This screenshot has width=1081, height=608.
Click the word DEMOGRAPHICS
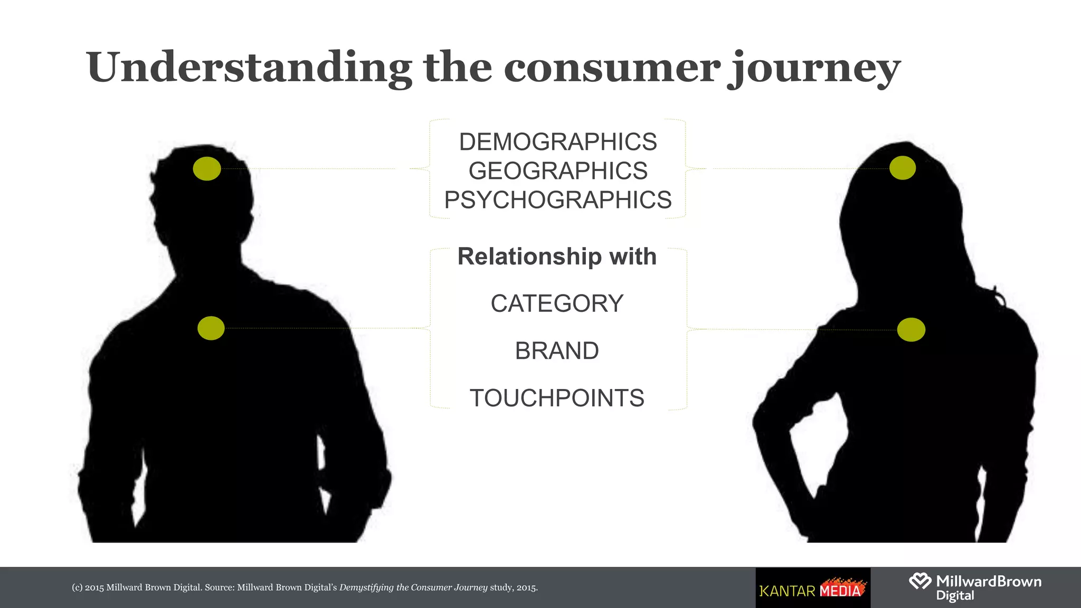coord(557,142)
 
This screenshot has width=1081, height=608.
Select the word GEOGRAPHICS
coord(557,171)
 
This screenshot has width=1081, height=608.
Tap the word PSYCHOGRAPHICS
coord(557,200)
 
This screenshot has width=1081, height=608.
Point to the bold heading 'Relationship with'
coord(557,256)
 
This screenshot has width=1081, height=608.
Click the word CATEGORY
coord(557,303)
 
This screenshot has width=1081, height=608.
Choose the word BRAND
coord(557,351)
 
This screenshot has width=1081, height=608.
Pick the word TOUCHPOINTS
coord(557,398)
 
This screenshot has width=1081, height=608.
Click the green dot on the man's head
coord(207,168)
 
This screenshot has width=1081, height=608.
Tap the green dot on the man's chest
coord(211,328)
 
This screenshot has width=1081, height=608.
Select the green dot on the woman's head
coord(903,168)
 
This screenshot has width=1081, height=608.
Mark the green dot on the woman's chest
coord(911,330)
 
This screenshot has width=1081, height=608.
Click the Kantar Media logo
coord(813,588)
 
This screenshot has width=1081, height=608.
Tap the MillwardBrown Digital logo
coord(975,587)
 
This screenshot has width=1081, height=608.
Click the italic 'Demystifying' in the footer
coord(366,587)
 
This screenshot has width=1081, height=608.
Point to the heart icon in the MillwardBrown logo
coord(920,581)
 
